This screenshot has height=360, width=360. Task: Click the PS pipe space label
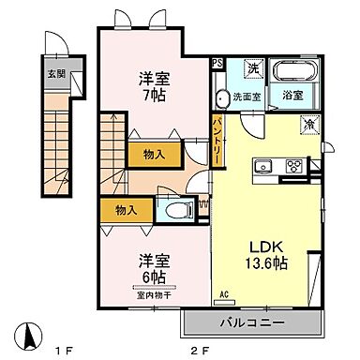pos(217,64)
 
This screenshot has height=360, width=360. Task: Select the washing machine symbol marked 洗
pos(252,67)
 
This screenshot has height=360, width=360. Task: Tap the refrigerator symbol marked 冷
pos(308,124)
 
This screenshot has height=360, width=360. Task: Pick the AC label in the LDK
pos(224,293)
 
